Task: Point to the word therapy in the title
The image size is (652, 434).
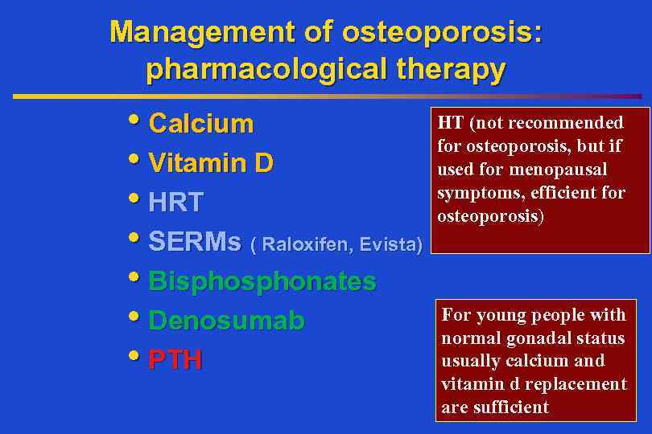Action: coord(452,70)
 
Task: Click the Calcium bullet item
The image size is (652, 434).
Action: coord(201,124)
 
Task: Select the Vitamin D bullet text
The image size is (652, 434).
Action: coord(211,163)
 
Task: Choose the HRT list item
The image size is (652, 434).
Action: coord(175,203)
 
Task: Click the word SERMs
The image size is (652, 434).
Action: coord(195,242)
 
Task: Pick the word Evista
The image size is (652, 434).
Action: coord(389,244)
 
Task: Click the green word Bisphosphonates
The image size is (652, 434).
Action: coord(262,281)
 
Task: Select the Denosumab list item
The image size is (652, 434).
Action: coord(227,321)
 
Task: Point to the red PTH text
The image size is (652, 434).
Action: coord(175,360)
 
